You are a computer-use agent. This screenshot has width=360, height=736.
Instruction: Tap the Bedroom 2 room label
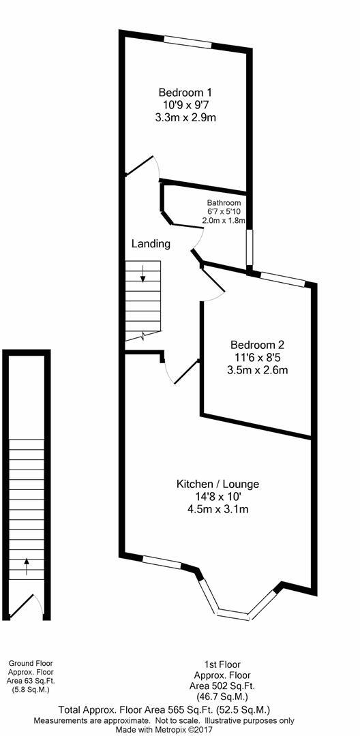point(258,345)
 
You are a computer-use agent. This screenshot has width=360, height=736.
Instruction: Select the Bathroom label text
point(224,203)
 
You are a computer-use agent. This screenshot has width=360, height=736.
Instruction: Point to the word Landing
point(151,243)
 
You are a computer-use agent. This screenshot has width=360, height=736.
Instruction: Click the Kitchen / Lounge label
point(217,484)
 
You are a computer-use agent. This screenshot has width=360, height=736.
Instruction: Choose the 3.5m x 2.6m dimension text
point(258,371)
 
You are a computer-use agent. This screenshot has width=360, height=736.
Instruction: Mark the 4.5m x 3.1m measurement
point(217,509)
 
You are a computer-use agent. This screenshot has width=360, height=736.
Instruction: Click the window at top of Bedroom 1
point(187,42)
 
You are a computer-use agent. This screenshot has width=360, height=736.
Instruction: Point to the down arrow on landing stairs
point(143,275)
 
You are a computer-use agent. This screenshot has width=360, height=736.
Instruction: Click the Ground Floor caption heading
point(30,663)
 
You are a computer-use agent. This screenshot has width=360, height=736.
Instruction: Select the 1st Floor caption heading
point(222,664)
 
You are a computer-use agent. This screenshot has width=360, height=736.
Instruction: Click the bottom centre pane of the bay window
point(232,615)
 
